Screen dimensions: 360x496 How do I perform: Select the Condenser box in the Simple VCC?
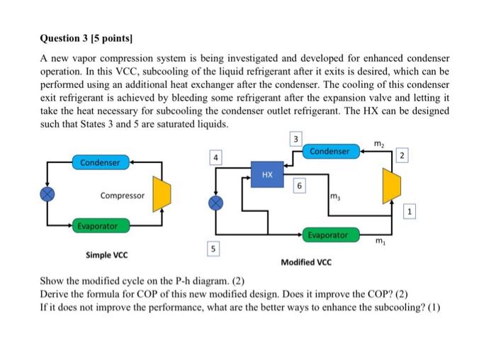click(x=100, y=163)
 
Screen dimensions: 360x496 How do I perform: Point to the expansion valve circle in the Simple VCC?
click(x=47, y=194)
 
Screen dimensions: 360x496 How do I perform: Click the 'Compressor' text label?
click(x=122, y=195)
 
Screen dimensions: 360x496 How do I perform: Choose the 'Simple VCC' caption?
click(x=107, y=254)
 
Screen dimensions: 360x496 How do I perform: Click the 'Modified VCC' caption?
click(x=305, y=261)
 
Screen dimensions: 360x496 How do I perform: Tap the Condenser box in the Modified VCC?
click(x=329, y=151)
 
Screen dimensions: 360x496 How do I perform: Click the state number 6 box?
click(x=300, y=186)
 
